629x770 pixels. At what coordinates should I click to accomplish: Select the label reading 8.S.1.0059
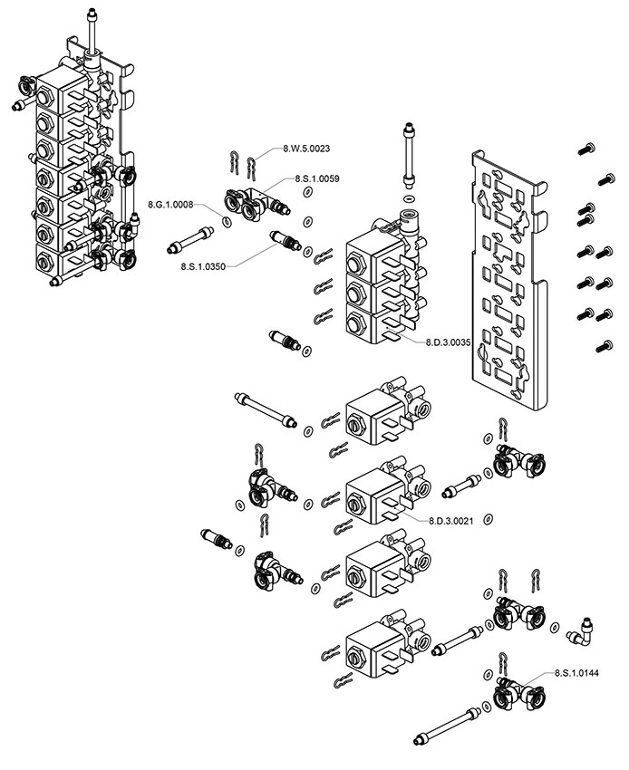tap(316, 179)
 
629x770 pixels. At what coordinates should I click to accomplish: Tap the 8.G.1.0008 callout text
tap(170, 205)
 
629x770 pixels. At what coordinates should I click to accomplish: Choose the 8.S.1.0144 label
tap(576, 673)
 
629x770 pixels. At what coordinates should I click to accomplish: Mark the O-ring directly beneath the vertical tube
tap(409, 197)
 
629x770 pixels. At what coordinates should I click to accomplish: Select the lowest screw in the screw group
tap(600, 344)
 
